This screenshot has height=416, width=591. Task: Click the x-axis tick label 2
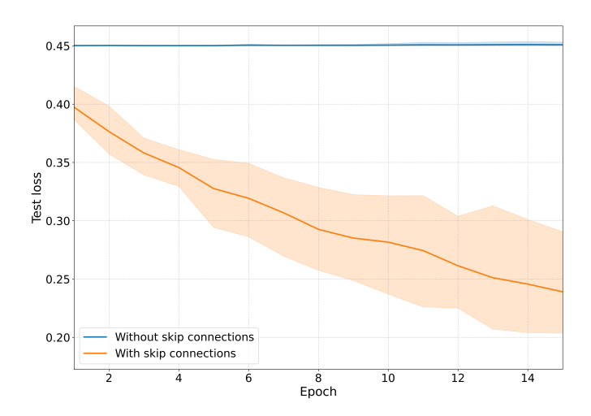[109, 378]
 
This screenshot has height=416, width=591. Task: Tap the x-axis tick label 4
[179, 378]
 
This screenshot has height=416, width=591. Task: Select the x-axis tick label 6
[248, 378]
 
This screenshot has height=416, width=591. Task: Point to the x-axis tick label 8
[318, 378]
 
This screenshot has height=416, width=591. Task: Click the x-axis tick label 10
[388, 378]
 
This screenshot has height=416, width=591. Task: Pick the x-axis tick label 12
[458, 378]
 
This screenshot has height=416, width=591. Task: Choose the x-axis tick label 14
[528, 378]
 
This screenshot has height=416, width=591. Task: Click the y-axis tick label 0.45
[54, 46]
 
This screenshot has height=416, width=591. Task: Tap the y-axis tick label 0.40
[54, 105]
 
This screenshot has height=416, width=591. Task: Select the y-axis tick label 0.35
[54, 162]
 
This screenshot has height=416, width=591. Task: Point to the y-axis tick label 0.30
[54, 221]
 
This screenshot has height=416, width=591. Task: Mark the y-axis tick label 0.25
[54, 279]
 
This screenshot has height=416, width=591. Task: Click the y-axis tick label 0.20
[54, 338]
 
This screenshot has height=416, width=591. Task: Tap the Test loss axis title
[37, 197]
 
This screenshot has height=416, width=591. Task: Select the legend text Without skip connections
[184, 336]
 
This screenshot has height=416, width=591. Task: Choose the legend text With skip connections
[175, 353]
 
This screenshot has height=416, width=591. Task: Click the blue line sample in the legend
[97, 336]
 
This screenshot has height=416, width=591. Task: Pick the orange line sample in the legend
[97, 353]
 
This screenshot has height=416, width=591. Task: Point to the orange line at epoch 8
[318, 229]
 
